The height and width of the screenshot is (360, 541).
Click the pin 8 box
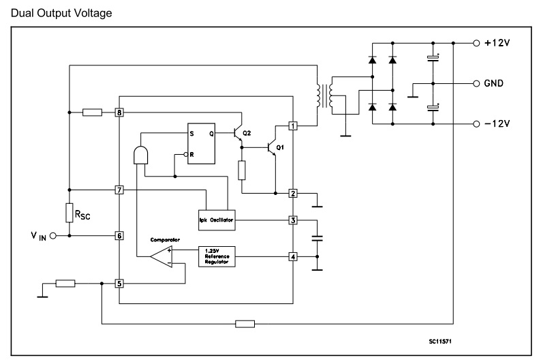tap(119, 112)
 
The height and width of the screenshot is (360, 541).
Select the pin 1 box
tap(292, 126)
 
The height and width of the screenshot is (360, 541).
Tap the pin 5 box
tap(119, 283)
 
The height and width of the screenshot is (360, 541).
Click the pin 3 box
tap(292, 220)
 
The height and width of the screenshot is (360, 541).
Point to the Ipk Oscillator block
tap(216, 220)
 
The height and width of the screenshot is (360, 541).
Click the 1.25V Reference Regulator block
tap(216, 256)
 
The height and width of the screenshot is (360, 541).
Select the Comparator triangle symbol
tap(161, 256)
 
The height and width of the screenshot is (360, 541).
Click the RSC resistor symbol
tap(69, 212)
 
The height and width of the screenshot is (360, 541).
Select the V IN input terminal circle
tap(52, 235)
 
